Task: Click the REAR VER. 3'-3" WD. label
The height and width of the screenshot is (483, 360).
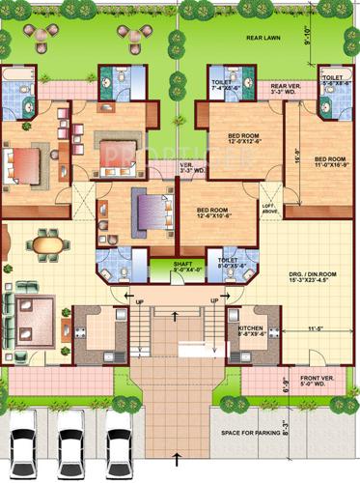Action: (281, 89)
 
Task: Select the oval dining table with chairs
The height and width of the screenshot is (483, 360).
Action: (46, 244)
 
